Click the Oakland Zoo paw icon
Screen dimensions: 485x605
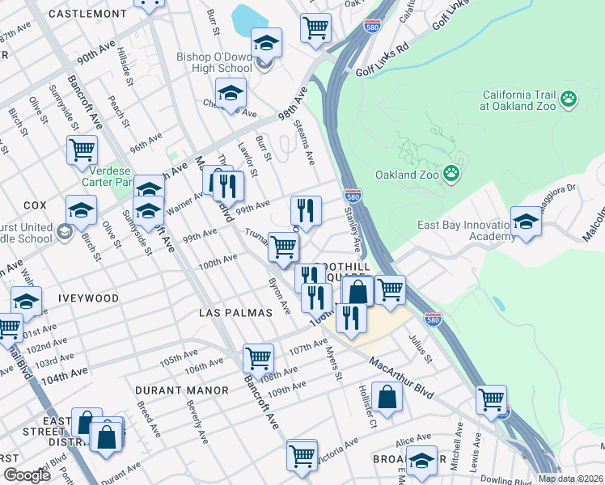point(451,175)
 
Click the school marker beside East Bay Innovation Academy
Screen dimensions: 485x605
point(526,223)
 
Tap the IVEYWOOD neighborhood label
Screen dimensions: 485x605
point(88,298)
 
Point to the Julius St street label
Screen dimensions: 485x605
point(421,349)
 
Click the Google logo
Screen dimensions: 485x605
point(27,475)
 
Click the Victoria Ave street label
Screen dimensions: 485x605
point(340,447)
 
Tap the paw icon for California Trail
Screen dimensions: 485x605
point(569,99)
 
